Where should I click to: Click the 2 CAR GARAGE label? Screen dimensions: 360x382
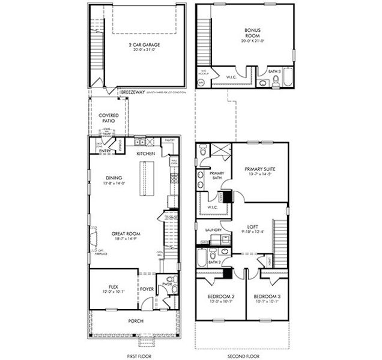142,44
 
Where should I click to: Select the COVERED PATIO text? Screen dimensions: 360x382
108,118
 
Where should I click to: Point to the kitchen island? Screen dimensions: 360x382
145,178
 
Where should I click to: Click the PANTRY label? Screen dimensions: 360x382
170,139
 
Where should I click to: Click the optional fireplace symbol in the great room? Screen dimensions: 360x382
92,239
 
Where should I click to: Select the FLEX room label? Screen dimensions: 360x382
113,287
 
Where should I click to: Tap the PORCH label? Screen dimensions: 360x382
135,320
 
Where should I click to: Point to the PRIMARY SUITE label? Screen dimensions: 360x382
259,169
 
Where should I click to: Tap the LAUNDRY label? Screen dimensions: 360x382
213,230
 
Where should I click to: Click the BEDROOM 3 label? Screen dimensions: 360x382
267,297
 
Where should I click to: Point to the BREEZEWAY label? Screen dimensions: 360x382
131,93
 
